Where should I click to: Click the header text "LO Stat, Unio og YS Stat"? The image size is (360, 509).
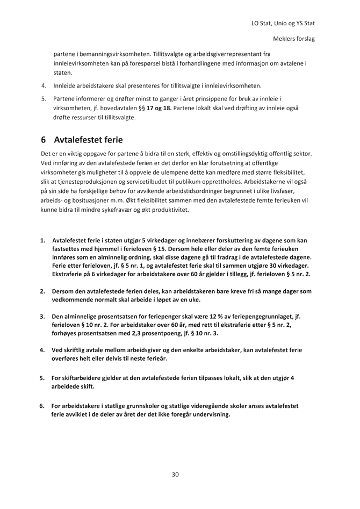tap(283, 24)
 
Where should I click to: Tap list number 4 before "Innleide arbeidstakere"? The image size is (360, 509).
tap(43, 86)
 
